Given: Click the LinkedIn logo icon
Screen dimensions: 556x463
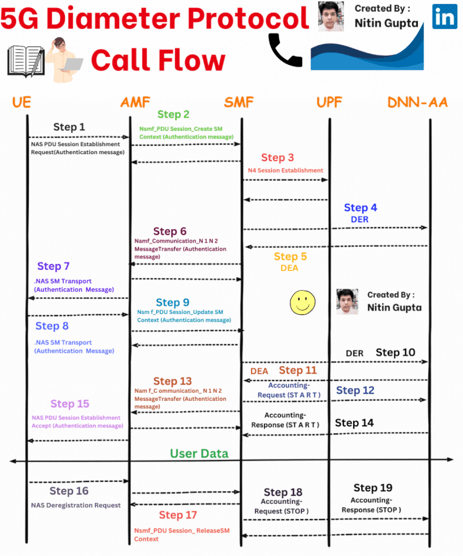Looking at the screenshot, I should pos(444,17).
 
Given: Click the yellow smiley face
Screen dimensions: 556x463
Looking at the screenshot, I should pos(303,302).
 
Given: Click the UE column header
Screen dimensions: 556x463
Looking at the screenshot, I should pos(21,103).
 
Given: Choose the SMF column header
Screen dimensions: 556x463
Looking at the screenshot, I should pos(238,103).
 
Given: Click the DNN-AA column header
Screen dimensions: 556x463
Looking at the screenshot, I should pos(417,103).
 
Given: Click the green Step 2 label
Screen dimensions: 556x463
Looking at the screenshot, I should pos(173,115).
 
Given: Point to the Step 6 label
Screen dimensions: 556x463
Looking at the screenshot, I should pos(170,232).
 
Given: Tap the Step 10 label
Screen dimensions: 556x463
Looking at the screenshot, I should pos(395,352).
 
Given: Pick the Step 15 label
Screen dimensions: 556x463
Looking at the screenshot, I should pos(70,404).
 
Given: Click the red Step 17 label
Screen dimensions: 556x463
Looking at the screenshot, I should pos(178,515).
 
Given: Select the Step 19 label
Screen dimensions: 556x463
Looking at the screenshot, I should pos(373,488).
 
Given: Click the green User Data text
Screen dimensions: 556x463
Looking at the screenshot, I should pos(199,453).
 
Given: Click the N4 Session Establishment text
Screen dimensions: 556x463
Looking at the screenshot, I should pos(285,170).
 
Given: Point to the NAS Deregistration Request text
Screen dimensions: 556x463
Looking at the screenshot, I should pos(76,505).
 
